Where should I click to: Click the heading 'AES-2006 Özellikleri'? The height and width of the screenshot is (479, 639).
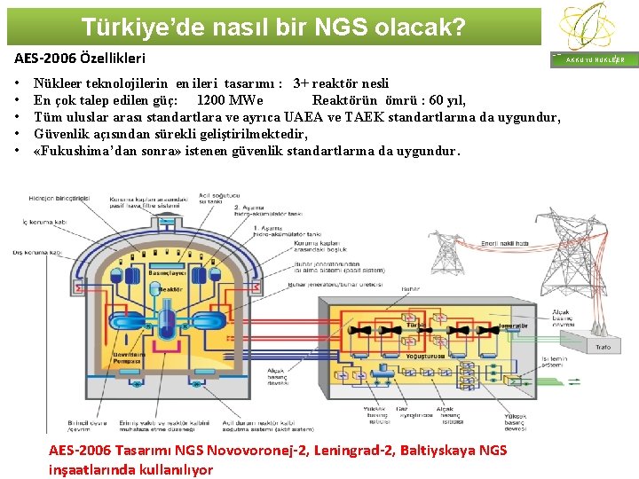click(80, 59)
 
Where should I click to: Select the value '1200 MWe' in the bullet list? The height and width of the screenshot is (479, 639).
click(229, 100)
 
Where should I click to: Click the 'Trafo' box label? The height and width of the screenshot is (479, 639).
click(603, 348)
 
